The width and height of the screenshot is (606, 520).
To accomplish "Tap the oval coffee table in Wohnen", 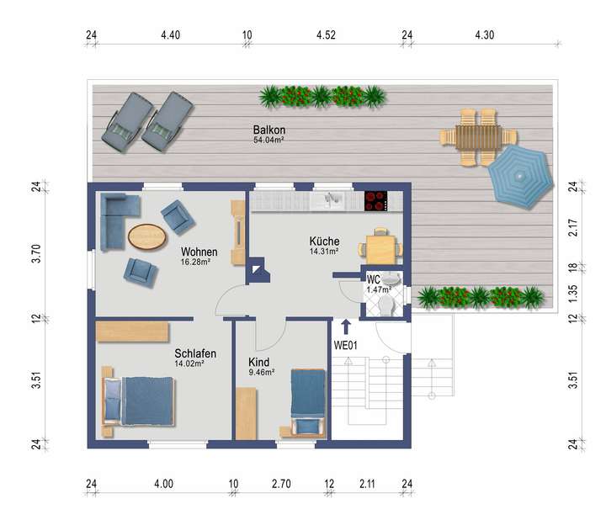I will click(x=146, y=236).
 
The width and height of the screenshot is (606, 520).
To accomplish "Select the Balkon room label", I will click(x=269, y=130).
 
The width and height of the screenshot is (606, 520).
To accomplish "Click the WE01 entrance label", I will click(x=347, y=344).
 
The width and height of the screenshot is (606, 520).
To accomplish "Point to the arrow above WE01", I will click(x=347, y=327).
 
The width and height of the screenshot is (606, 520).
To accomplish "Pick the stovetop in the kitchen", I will click(x=375, y=201).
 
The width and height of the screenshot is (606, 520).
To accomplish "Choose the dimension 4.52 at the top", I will click(x=327, y=35).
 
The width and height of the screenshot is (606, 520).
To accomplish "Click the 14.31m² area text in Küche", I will click(x=323, y=251).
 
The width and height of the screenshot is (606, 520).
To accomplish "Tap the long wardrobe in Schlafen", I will click(x=133, y=331).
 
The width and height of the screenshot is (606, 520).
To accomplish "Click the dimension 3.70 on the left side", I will click(x=36, y=253).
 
